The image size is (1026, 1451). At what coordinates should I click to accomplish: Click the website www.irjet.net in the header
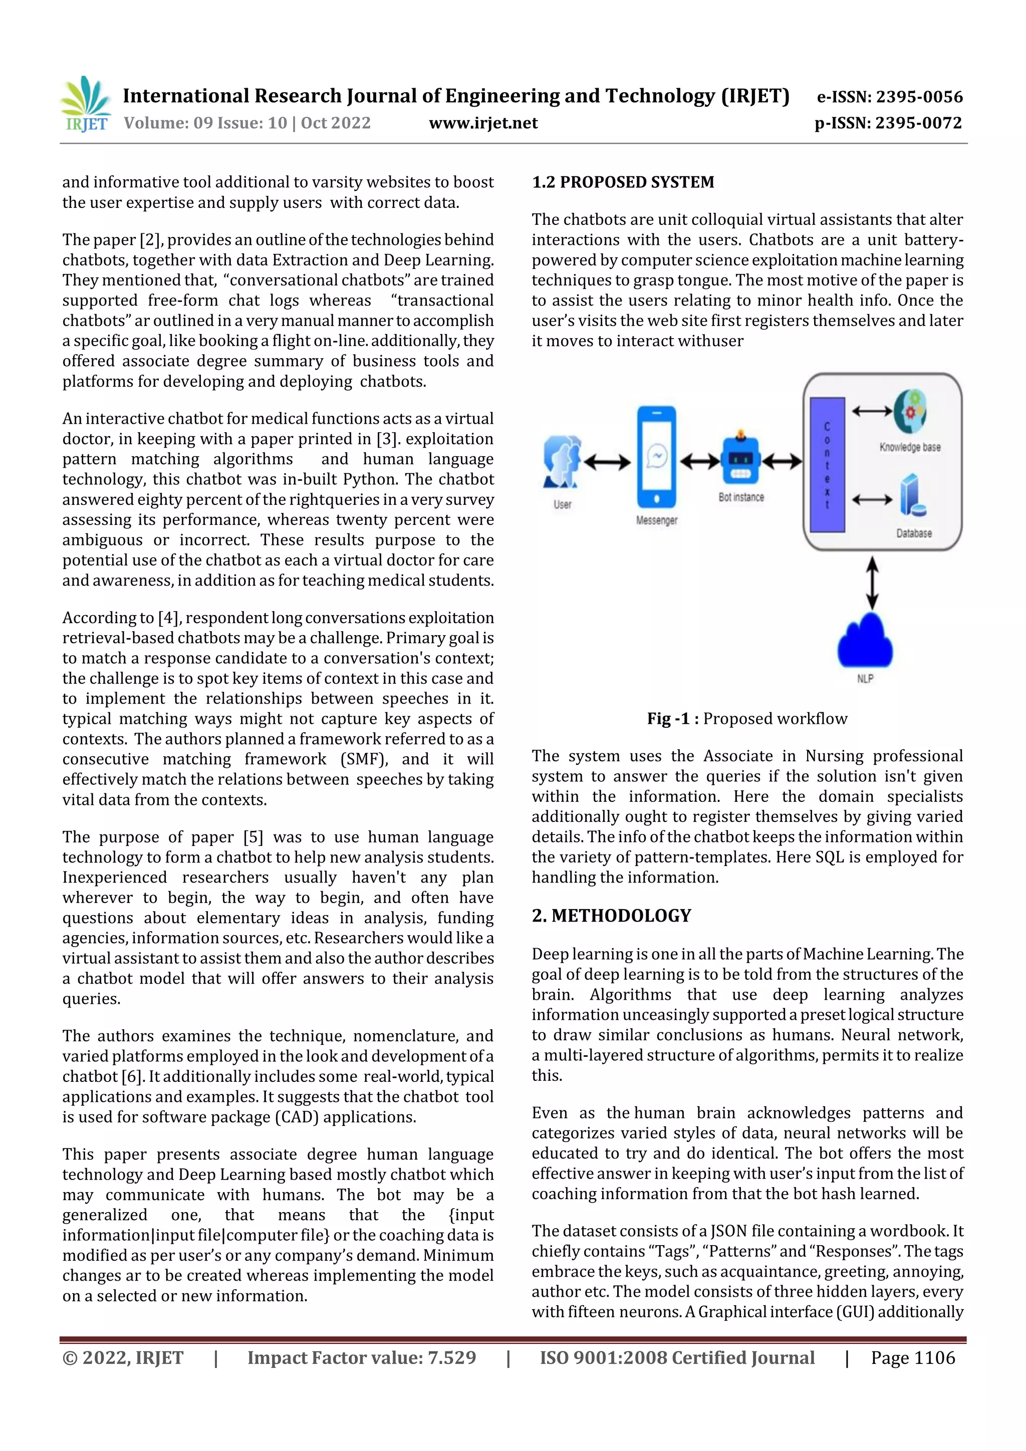483,123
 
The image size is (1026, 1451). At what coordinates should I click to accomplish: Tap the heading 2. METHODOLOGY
611,915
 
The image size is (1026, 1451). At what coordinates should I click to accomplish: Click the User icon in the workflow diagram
562,462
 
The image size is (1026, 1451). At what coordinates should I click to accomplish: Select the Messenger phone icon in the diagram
656,456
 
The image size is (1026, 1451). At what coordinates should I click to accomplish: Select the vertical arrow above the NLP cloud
872,583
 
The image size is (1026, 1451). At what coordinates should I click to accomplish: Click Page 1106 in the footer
913,1357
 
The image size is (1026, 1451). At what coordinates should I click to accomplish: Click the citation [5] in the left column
253,837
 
